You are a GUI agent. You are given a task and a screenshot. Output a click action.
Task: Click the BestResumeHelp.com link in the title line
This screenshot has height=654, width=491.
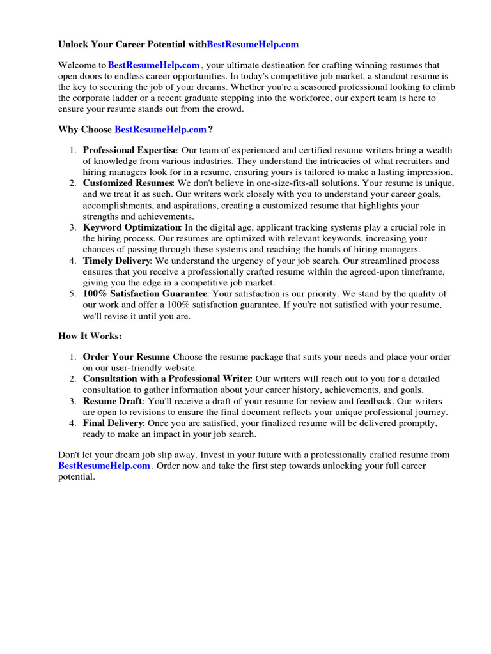click(x=253, y=45)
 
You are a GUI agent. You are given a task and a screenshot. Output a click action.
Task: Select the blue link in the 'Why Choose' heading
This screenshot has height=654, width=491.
click(x=160, y=130)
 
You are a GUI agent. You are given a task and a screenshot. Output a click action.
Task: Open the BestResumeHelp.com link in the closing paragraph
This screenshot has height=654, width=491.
click(x=104, y=466)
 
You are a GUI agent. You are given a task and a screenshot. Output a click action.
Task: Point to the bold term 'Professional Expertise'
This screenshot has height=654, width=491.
click(x=129, y=150)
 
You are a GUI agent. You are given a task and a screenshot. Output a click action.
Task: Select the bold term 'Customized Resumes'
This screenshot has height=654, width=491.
click(x=128, y=183)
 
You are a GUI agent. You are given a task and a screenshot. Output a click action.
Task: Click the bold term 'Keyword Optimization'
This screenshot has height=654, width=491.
click(x=131, y=228)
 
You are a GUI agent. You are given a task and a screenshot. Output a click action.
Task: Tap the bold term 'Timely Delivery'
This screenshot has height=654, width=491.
click(x=116, y=261)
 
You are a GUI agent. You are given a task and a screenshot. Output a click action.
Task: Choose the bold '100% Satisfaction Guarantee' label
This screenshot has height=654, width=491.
click(x=144, y=294)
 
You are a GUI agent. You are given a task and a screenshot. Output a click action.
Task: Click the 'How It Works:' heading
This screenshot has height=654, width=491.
click(x=90, y=337)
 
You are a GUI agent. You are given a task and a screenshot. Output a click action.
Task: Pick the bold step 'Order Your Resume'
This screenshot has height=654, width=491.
click(x=126, y=357)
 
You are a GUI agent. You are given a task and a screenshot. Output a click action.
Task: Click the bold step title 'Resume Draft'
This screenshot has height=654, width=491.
click(x=113, y=401)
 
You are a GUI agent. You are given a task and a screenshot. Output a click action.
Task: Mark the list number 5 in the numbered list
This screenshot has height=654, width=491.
click(x=72, y=294)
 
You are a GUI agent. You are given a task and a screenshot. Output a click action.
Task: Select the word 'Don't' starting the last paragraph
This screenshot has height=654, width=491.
click(x=69, y=455)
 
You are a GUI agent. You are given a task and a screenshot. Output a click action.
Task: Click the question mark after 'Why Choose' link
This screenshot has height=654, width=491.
click(x=210, y=130)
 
